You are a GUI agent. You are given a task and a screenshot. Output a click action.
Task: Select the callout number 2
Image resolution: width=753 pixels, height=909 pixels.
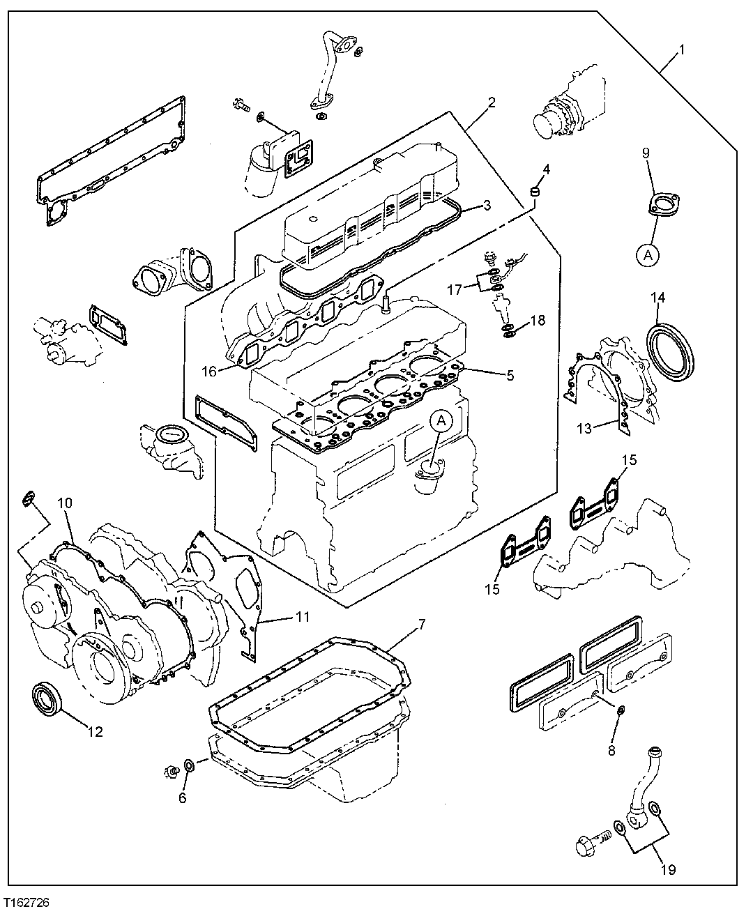(492, 102)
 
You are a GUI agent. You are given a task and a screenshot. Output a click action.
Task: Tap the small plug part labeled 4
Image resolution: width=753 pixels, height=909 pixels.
(536, 190)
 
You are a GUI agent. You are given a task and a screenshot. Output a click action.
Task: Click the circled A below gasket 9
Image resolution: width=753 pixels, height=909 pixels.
(647, 256)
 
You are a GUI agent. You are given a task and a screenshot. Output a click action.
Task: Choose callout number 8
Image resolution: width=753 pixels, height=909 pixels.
(611, 751)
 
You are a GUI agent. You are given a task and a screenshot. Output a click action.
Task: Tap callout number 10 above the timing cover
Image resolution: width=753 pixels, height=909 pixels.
(64, 502)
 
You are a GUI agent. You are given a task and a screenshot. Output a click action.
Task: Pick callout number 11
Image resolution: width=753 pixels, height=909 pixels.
(301, 617)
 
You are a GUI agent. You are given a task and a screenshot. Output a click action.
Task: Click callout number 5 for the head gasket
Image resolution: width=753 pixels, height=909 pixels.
(510, 375)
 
